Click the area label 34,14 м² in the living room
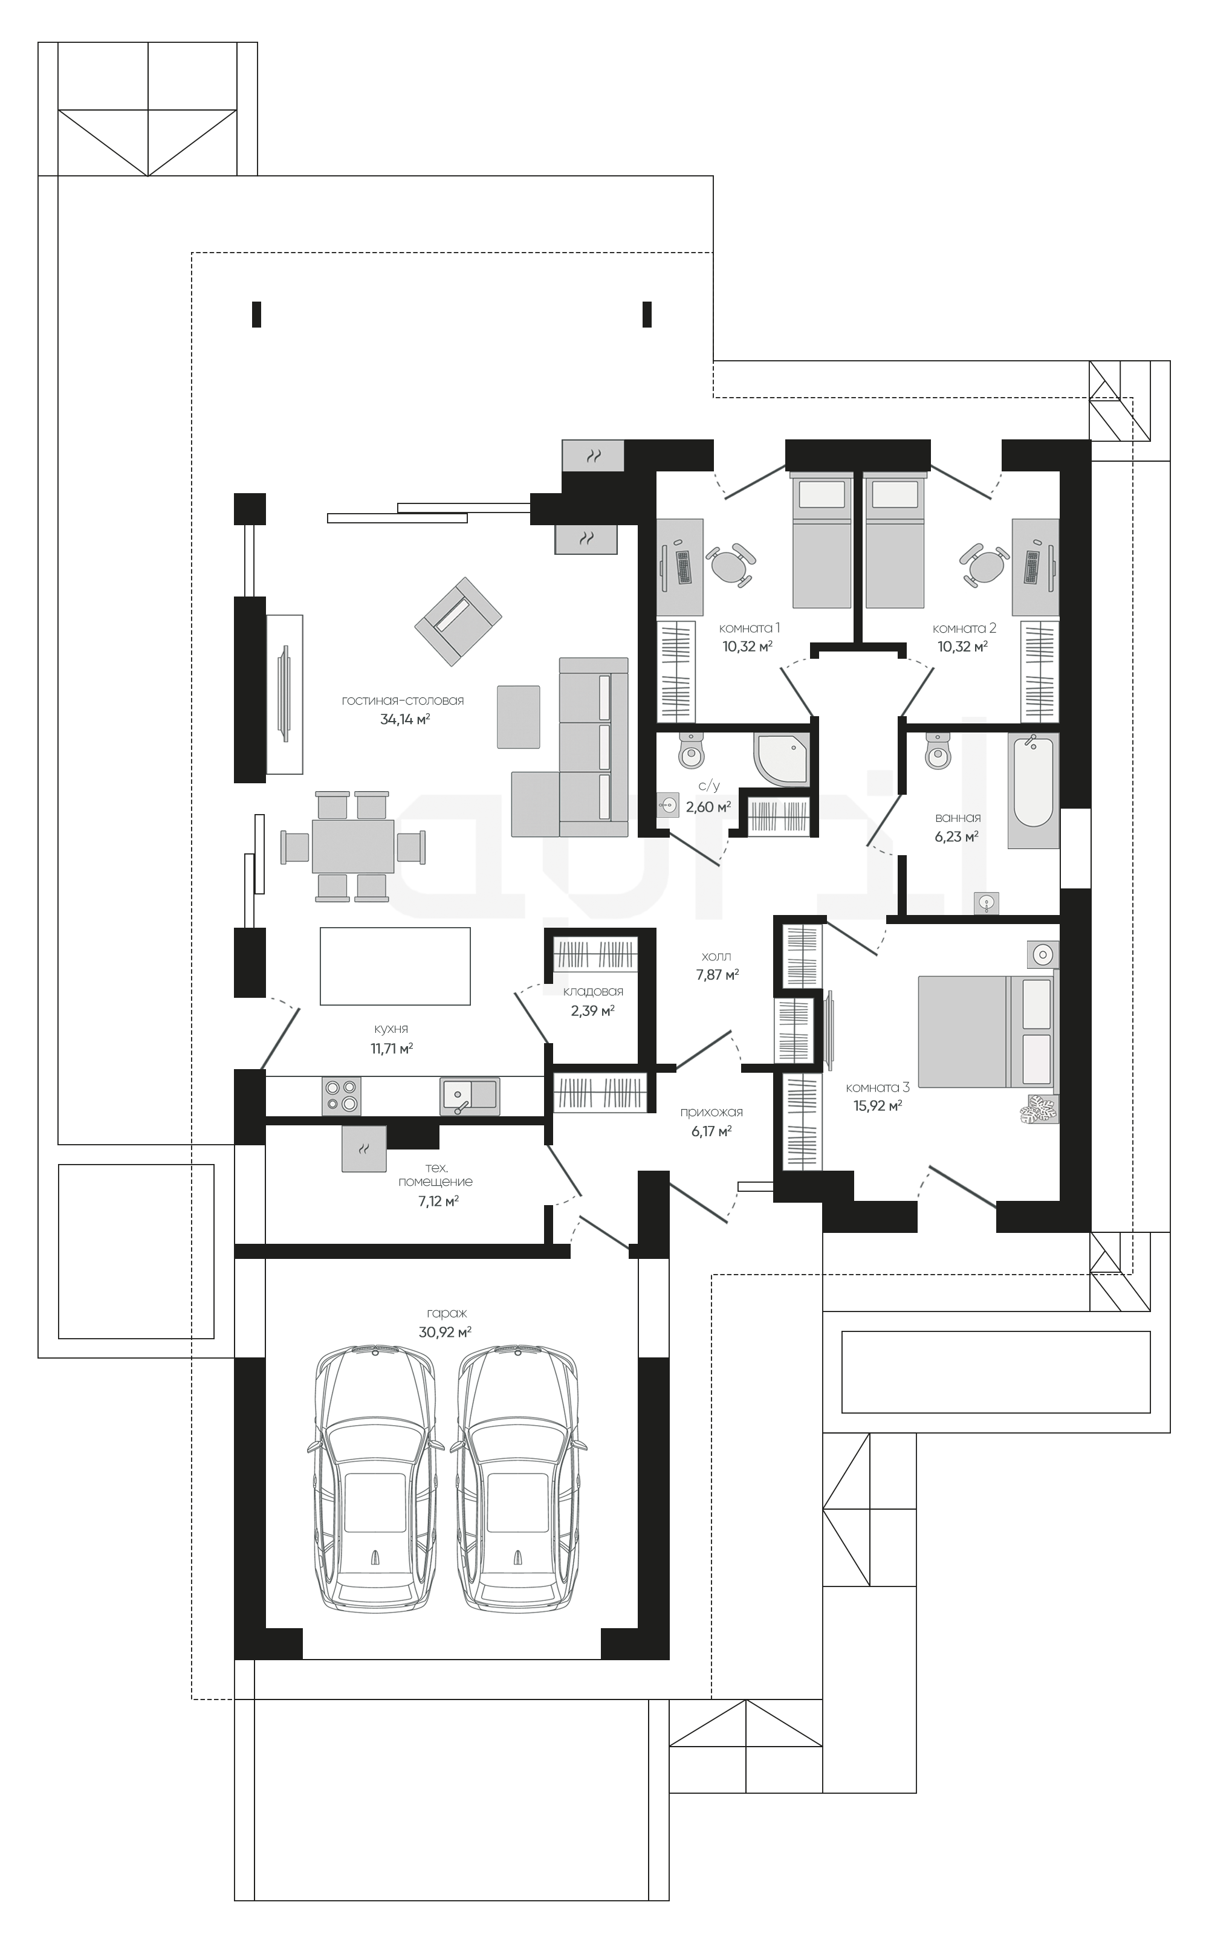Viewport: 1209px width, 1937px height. [404, 719]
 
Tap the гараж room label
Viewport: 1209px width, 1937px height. [446, 1313]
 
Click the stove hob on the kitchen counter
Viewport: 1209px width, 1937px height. [342, 1096]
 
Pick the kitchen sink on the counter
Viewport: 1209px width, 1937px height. [469, 1096]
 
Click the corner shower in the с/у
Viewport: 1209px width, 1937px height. [780, 760]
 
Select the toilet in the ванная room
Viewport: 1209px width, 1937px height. [938, 749]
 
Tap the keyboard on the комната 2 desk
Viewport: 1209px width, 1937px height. [1032, 567]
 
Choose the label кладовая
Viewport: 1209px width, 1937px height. [593, 991]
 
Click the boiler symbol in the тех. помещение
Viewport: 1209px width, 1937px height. [364, 1149]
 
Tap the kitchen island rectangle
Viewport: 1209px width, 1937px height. [395, 965]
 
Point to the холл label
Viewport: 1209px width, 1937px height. [716, 956]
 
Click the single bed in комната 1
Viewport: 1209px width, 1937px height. [822, 539]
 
